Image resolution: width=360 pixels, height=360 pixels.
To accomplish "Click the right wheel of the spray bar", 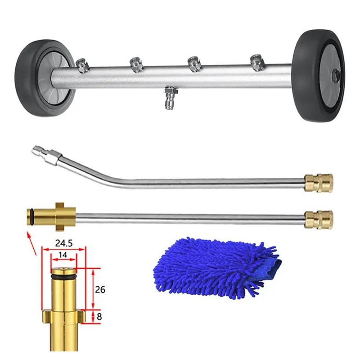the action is [x=319, y=75].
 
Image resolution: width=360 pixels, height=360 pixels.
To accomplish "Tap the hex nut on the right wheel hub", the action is [x=335, y=75].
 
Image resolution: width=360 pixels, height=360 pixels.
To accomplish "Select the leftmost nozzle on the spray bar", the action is [x=82, y=66].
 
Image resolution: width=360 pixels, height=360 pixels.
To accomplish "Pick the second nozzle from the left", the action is [x=136, y=64].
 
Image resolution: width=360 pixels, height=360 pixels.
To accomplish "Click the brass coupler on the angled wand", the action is [x=319, y=183].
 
